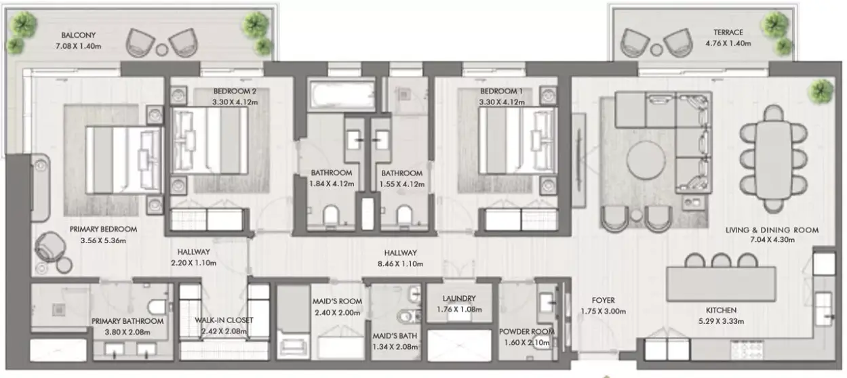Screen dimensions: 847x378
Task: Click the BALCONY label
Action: (78, 35)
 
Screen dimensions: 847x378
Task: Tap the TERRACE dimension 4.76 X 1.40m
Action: (728, 43)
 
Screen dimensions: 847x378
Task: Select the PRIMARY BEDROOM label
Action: (103, 229)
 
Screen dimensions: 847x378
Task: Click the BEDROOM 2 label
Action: (235, 91)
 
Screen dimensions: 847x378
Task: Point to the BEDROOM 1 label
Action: (501, 91)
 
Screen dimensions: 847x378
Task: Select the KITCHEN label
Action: (721, 310)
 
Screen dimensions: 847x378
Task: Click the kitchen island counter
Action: (721, 284)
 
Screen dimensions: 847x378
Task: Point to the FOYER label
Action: (603, 300)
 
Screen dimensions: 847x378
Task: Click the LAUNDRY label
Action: (459, 298)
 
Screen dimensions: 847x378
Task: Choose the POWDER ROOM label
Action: (527, 331)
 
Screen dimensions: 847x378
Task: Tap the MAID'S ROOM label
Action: (337, 301)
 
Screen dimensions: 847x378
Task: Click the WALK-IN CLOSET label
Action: (224, 320)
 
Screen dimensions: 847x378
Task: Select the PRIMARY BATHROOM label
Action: (127, 321)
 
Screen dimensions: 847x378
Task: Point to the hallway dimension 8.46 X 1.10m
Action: (400, 264)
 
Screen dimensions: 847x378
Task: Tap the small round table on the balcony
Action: (162, 49)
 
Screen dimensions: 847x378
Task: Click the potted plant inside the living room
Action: (820, 91)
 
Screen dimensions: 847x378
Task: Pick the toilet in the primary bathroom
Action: (157, 307)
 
